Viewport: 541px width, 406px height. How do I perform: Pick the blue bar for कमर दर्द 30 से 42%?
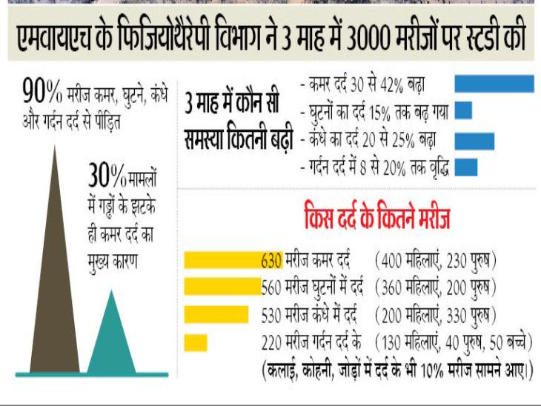[x=494, y=83]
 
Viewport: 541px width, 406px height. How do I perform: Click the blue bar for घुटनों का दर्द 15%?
[x=463, y=110]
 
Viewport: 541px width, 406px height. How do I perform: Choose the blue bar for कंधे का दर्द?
[x=474, y=139]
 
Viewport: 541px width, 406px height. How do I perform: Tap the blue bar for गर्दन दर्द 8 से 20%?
[x=465, y=165]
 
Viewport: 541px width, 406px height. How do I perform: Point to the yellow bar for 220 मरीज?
[x=195, y=342]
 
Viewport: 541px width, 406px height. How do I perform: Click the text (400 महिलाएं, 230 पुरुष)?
[x=435, y=261]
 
